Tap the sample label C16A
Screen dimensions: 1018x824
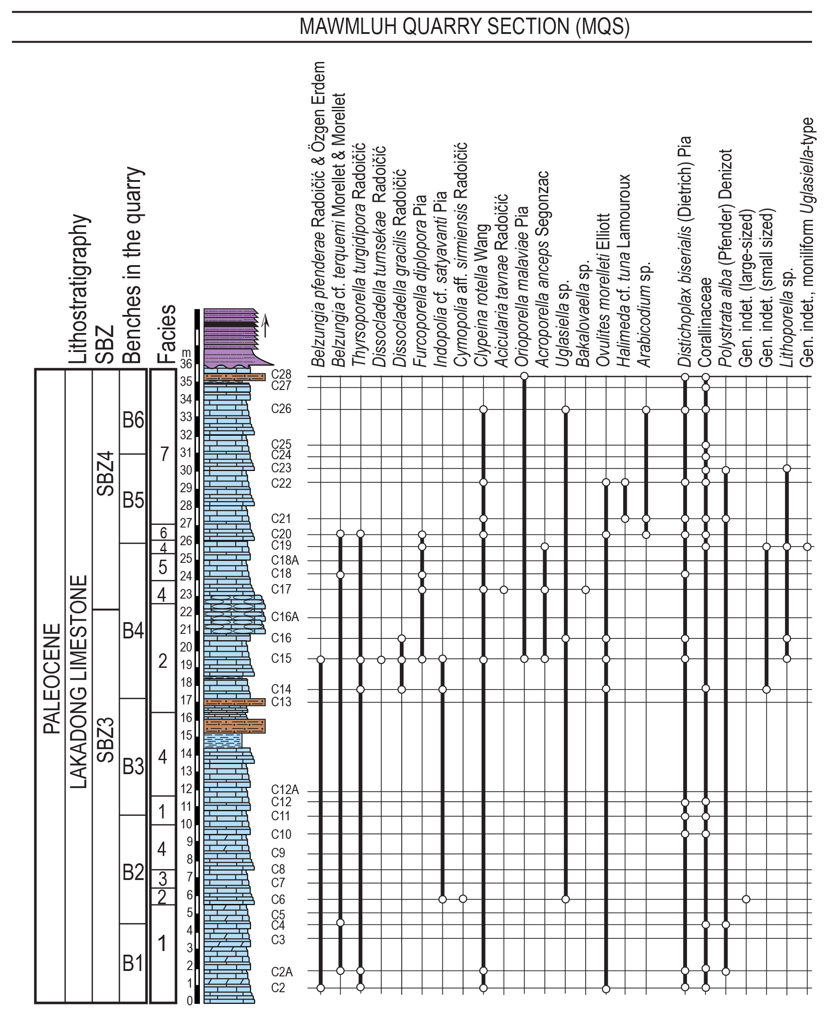click(x=285, y=617)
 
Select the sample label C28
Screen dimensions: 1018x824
click(x=281, y=375)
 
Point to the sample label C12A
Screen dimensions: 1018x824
click(x=285, y=789)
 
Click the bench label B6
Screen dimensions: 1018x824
click(x=133, y=420)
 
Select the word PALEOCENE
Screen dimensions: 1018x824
click(x=52, y=679)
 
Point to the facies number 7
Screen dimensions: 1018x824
click(x=164, y=454)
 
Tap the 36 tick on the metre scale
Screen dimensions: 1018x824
click(x=185, y=364)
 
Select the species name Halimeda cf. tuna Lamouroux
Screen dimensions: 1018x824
click(x=625, y=271)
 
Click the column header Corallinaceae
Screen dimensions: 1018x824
click(x=706, y=322)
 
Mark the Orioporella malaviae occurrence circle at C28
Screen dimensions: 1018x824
click(x=524, y=376)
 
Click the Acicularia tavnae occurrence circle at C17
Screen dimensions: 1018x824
click(x=504, y=590)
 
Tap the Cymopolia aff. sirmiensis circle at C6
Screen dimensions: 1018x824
click(x=463, y=899)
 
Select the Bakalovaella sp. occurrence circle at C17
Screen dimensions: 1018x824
click(x=586, y=590)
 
